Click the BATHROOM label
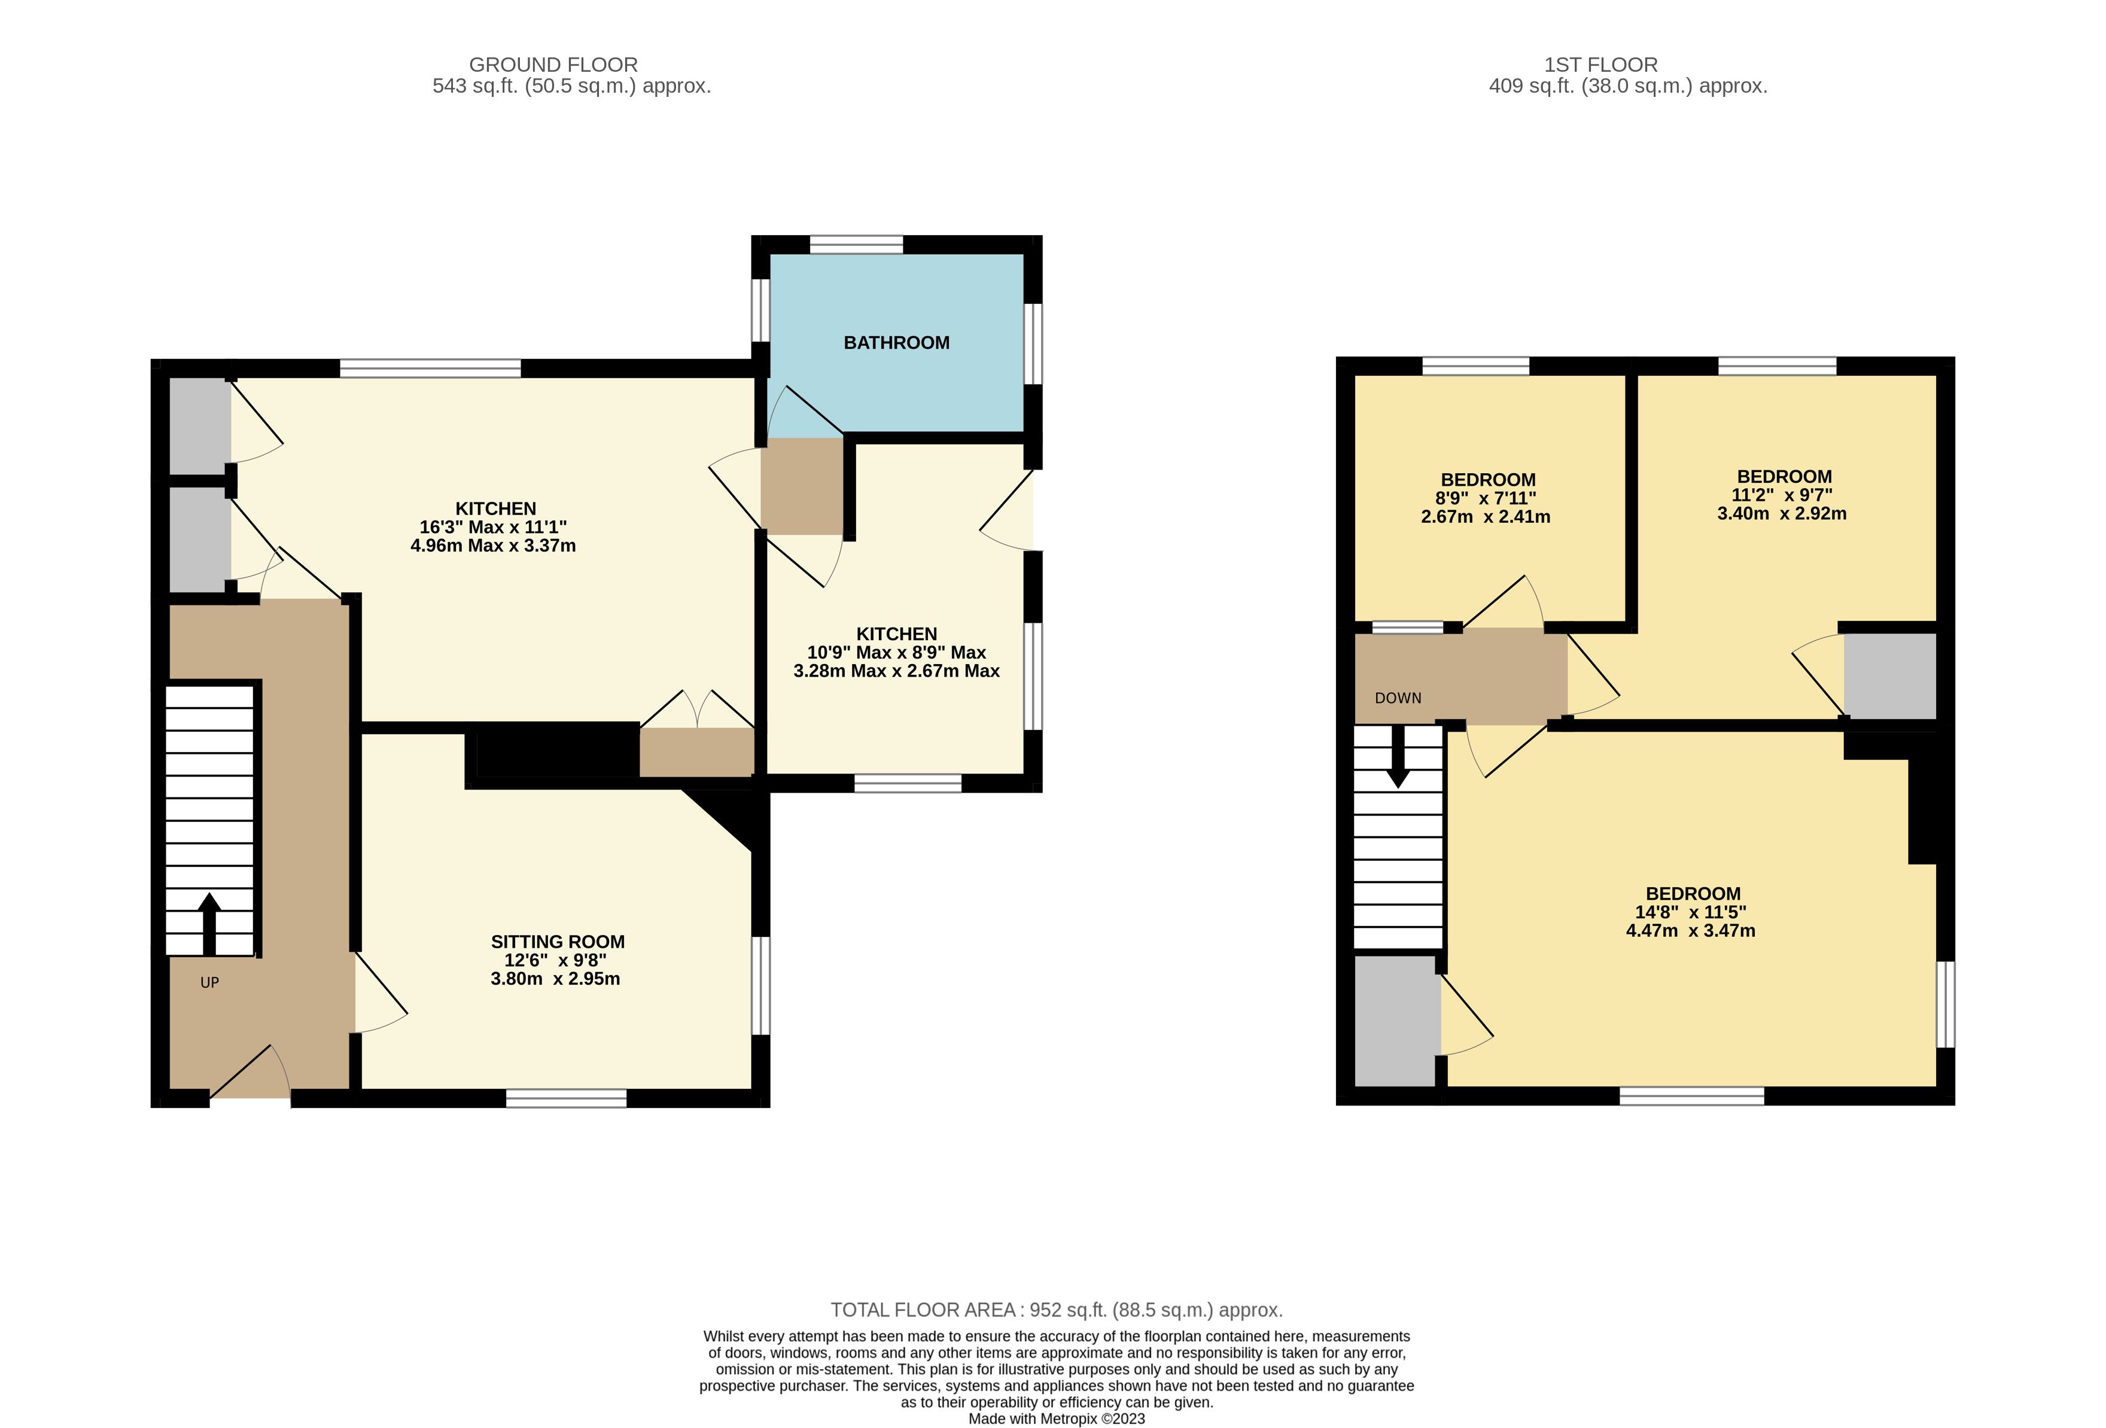[896, 343]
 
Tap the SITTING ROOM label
[557, 942]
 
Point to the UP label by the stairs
[209, 982]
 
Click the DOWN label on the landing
[1398, 698]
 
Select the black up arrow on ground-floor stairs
[209, 923]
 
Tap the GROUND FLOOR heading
[553, 65]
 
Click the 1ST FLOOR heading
[1600, 65]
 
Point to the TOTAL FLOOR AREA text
[1057, 1310]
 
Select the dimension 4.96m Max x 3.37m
[493, 546]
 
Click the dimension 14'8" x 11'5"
[1691, 912]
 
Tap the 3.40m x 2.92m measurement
[1782, 513]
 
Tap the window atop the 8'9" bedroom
[1475, 366]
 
